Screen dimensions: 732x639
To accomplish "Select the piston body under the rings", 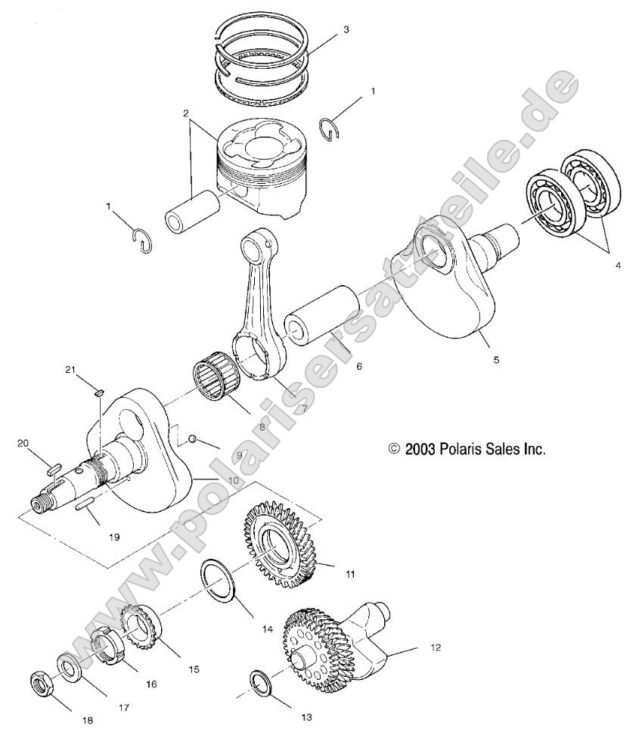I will (x=262, y=170).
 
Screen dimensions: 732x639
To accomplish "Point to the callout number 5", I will (x=496, y=360).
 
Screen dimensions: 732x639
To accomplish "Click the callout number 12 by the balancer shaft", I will (x=434, y=648).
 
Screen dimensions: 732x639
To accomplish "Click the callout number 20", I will (x=22, y=443).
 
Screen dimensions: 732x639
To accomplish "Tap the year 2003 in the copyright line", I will (x=420, y=448).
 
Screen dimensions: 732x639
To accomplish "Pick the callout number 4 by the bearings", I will (x=618, y=266).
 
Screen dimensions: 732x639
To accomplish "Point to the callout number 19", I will (x=113, y=537).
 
